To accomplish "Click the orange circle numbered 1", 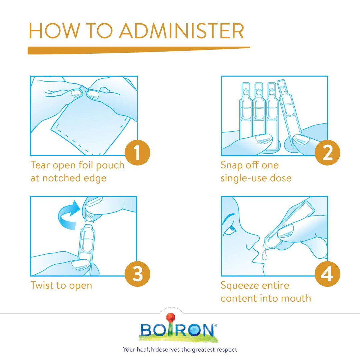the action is pyautogui.click(x=137, y=152).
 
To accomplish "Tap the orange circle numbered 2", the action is pyautogui.click(x=327, y=152).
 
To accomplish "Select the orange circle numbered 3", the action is pyautogui.click(x=137, y=274).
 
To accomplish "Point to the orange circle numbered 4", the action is pyautogui.click(x=327, y=274).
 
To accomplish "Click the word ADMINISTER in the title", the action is pyautogui.click(x=181, y=31).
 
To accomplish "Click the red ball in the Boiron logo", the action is pyautogui.click(x=171, y=318).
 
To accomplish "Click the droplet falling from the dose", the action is pyautogui.click(x=264, y=255).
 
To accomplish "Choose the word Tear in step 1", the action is pyautogui.click(x=40, y=165).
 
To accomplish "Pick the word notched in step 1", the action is pyautogui.click(x=62, y=178).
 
